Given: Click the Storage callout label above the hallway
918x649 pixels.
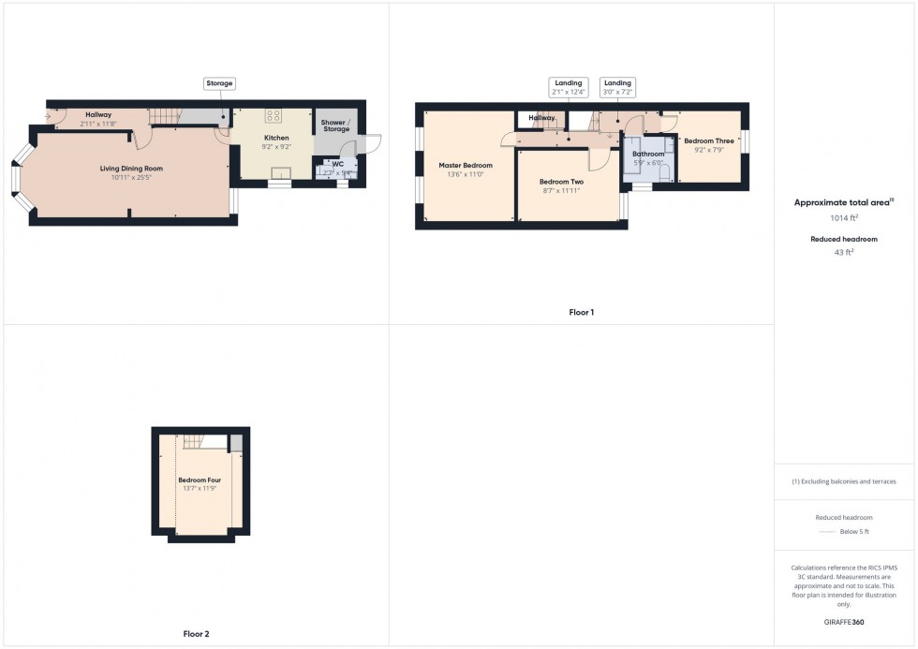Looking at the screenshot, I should coord(219,83).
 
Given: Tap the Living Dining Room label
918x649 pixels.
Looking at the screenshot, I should coord(132,169).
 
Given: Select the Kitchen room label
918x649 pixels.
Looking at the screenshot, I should coord(276,138).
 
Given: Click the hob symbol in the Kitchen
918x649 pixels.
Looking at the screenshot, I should coord(274,116).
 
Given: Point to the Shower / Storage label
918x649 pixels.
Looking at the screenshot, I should coord(336,125).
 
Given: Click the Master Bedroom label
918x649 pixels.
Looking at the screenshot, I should coord(466,165).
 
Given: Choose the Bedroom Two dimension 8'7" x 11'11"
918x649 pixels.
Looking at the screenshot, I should coord(562,190).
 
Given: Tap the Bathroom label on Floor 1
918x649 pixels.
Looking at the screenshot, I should coord(647,154).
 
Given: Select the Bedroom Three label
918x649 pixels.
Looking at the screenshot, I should coord(709,140).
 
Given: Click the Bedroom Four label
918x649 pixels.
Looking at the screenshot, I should coord(200,480).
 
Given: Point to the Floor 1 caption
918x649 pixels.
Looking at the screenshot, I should coord(581,312).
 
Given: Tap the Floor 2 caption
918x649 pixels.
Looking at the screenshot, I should coord(196,634).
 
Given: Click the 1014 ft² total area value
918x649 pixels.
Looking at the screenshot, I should coord(845,217).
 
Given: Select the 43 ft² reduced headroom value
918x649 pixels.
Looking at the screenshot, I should coord(845,252).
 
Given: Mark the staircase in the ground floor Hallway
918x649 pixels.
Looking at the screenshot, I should coord(164,116).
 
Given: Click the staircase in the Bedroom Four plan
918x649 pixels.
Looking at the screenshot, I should coord(193,441).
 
